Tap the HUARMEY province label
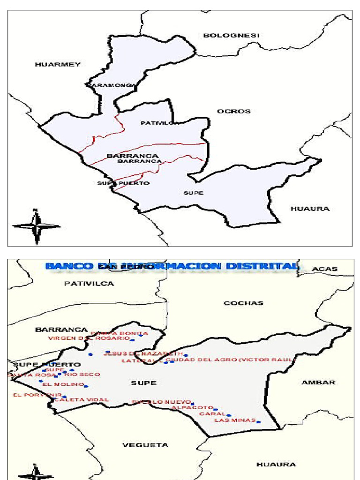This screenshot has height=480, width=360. pos(58,64)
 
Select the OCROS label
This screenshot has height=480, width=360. pos(233,111)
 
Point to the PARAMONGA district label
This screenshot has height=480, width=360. pos(111,85)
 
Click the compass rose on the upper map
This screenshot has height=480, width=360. pos(36,226)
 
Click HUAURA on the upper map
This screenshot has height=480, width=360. pos(310,209)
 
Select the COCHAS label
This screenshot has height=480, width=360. pos(243,303)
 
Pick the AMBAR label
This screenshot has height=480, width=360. pos(318,382)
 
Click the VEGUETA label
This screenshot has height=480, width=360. pos(145,445)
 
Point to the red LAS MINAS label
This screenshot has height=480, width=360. pos(234,420)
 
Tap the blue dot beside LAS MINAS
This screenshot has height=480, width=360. pos(258,422)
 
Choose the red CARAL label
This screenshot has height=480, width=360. pos(212,414)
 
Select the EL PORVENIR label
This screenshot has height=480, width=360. pos(31,395)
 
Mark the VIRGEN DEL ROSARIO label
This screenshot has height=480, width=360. pos(89,338)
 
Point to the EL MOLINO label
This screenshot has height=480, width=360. pos(63,384)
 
